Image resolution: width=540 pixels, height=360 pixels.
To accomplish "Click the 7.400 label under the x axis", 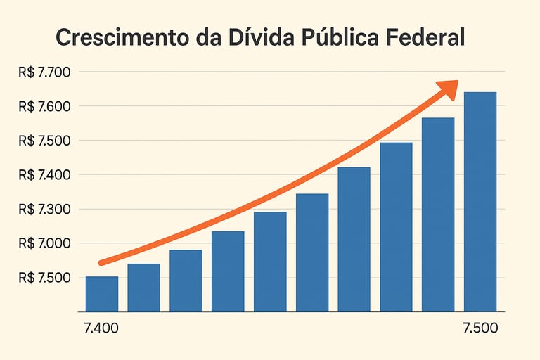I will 101,328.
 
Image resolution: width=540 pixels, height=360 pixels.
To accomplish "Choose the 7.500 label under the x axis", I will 480,328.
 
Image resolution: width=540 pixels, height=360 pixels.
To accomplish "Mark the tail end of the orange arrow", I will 101,263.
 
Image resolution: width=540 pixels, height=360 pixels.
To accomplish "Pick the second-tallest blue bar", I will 438,214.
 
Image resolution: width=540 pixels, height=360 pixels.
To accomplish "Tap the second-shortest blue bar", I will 143,288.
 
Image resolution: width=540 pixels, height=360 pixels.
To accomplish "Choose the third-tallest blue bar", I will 396,227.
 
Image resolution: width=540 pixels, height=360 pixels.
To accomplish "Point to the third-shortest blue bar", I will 186,281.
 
